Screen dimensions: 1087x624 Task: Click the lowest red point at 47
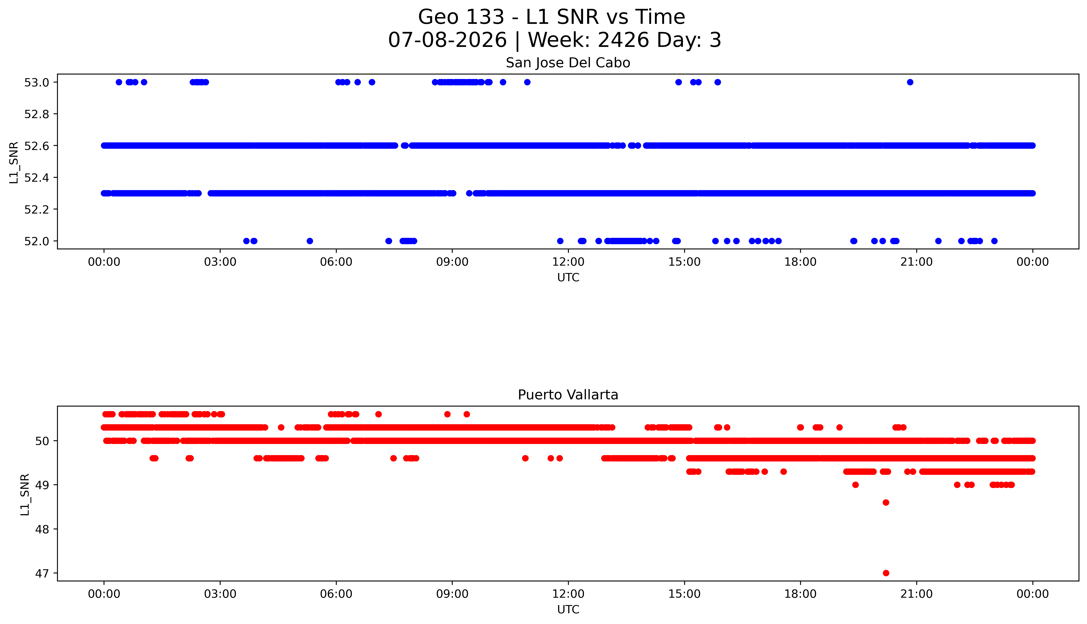886,573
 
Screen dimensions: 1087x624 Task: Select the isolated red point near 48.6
886,502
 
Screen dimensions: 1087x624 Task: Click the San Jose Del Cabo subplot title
568,63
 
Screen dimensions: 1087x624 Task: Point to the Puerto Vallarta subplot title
568,395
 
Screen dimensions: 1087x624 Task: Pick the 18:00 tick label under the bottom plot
801,594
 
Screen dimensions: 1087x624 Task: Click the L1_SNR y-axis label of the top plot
14,163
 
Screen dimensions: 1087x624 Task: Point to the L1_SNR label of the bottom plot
25,495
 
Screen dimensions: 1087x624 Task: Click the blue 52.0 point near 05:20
310,241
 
